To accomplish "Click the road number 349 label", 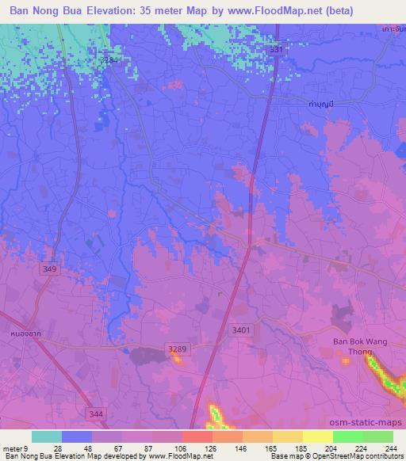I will (x=50, y=269).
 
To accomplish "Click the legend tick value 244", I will (x=390, y=448).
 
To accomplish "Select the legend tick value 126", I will (x=210, y=448).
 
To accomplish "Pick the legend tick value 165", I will (x=270, y=448).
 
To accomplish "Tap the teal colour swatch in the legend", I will (x=47, y=436).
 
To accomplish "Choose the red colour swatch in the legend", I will (x=197, y=436).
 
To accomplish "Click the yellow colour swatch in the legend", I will (x=317, y=436).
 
